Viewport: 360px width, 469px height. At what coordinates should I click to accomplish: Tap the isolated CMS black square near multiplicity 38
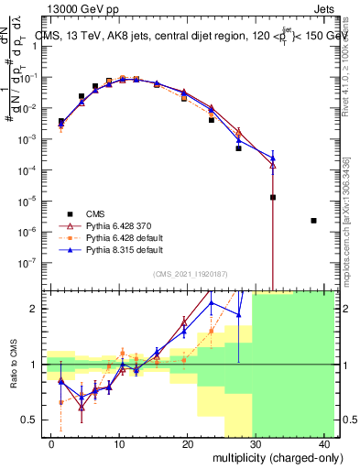[x=314, y=221]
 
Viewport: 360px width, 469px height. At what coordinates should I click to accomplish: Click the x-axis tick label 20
[x=187, y=443]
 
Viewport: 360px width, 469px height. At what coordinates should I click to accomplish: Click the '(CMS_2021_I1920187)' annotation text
[x=190, y=274]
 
